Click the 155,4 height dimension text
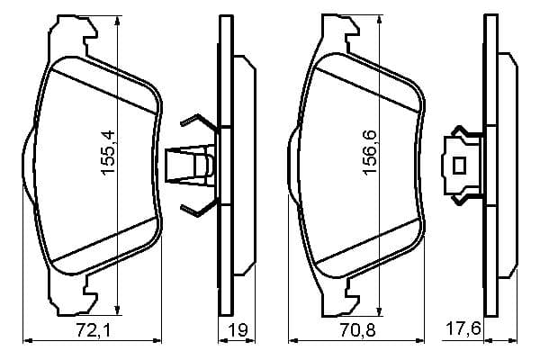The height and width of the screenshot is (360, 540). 108,152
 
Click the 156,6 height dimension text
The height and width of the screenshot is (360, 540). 370,152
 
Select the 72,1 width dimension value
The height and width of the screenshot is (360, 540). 94,330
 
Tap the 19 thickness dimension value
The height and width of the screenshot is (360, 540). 238,330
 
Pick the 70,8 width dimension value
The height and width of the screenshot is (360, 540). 357,330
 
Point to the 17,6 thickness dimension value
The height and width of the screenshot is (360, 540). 463,328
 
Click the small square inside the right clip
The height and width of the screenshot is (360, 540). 459,166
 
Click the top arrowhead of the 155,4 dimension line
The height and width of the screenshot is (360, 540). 118,21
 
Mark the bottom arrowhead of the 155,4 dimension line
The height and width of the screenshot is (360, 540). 118,310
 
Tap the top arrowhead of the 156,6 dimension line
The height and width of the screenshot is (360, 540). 379,20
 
